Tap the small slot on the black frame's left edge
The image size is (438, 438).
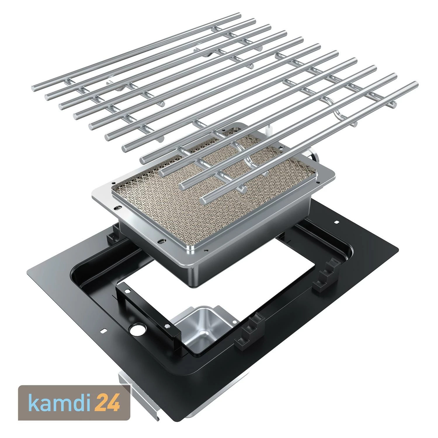pos(102,331)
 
